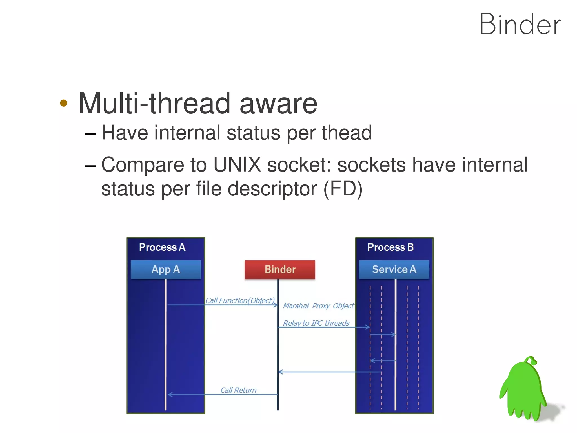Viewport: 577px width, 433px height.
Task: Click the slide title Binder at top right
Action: [x=520, y=25]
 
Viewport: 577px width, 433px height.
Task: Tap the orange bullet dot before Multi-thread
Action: [x=64, y=103]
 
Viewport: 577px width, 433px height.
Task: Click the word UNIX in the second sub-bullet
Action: [x=237, y=164]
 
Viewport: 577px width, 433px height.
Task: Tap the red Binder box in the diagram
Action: [x=280, y=269]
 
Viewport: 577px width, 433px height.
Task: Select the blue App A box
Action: [x=166, y=269]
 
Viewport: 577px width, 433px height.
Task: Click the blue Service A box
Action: [x=394, y=269]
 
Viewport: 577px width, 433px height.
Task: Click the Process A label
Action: [x=162, y=247]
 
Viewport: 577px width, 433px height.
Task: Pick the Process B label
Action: [x=390, y=247]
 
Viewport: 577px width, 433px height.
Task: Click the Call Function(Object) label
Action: [x=240, y=300]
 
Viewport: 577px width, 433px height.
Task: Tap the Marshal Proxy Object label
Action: [x=318, y=306]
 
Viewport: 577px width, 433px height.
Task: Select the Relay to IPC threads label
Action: [x=316, y=323]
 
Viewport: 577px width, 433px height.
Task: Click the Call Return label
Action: [x=238, y=390]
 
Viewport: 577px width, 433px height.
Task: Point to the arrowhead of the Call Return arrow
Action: [x=170, y=394]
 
